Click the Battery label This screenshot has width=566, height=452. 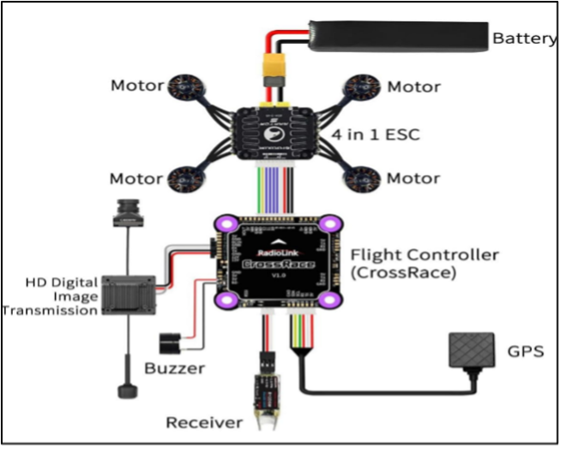[524, 39]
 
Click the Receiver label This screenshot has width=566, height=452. [204, 422]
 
